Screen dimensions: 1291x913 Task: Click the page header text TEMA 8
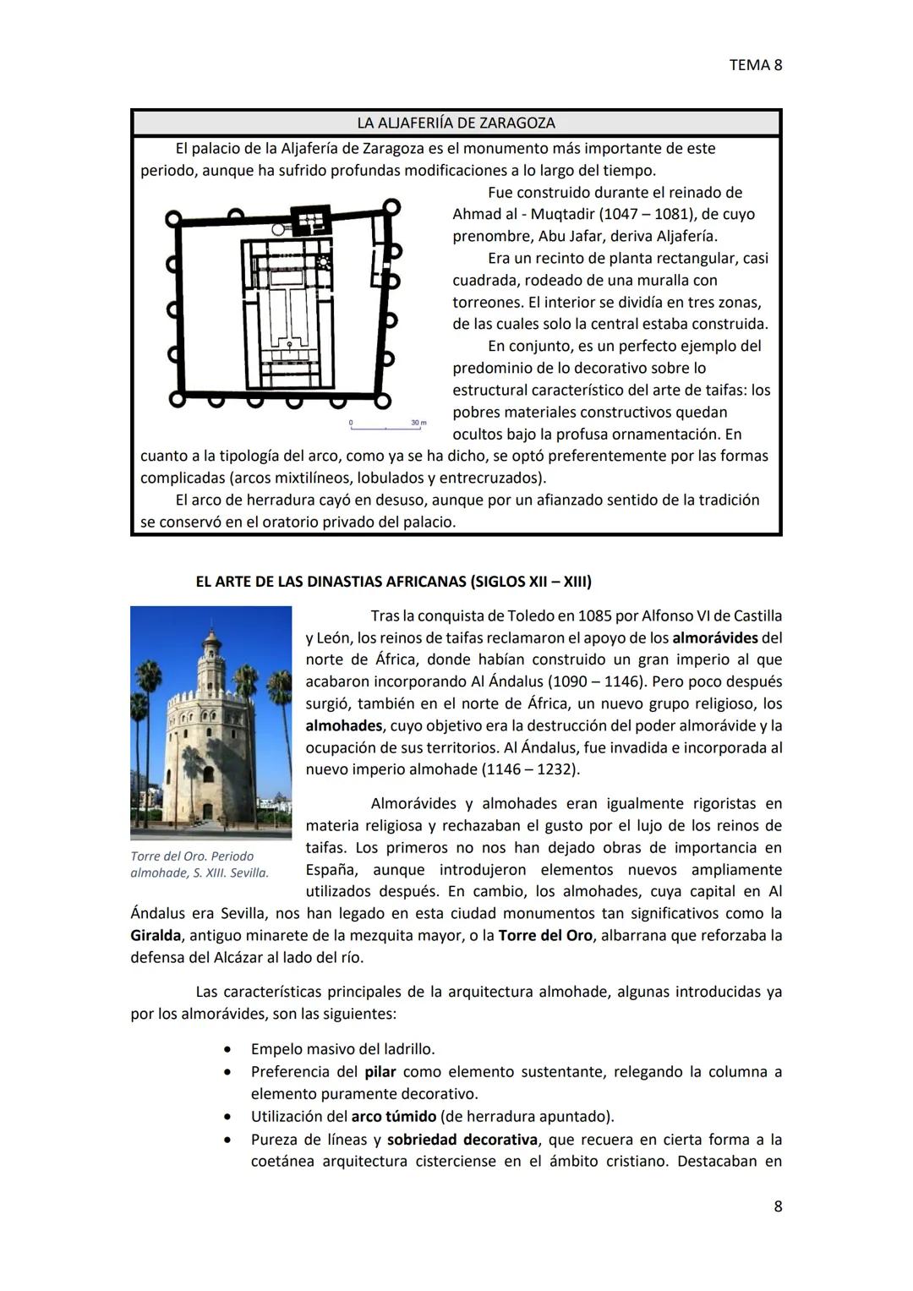point(755,65)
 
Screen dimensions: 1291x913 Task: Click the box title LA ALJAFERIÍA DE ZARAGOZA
point(456,123)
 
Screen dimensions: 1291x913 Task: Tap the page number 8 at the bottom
point(778,1206)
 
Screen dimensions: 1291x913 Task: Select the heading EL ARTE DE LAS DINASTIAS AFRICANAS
point(393,582)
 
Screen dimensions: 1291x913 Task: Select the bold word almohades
point(343,725)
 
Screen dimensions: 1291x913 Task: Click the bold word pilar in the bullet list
point(380,1071)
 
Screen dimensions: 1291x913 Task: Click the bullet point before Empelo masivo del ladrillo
point(227,1050)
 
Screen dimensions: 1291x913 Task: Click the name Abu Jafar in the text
point(569,236)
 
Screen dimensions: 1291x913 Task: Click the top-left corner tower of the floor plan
point(172,219)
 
